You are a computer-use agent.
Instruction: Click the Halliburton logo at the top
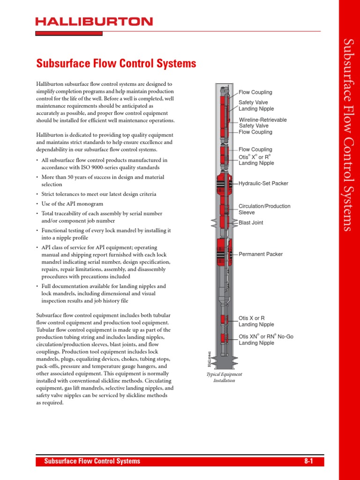click(94, 22)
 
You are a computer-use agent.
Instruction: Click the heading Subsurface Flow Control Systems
click(116, 63)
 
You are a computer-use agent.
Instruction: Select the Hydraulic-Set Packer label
click(263, 184)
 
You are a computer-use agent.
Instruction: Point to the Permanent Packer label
click(261, 254)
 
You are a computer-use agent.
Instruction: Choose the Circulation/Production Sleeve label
click(264, 209)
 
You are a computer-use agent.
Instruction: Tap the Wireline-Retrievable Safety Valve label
click(262, 123)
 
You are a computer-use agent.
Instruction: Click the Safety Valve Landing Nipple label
click(256, 105)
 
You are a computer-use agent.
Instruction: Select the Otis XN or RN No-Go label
click(266, 339)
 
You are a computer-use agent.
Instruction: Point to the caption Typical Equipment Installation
click(224, 377)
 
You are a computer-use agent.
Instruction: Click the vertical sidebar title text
click(348, 135)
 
